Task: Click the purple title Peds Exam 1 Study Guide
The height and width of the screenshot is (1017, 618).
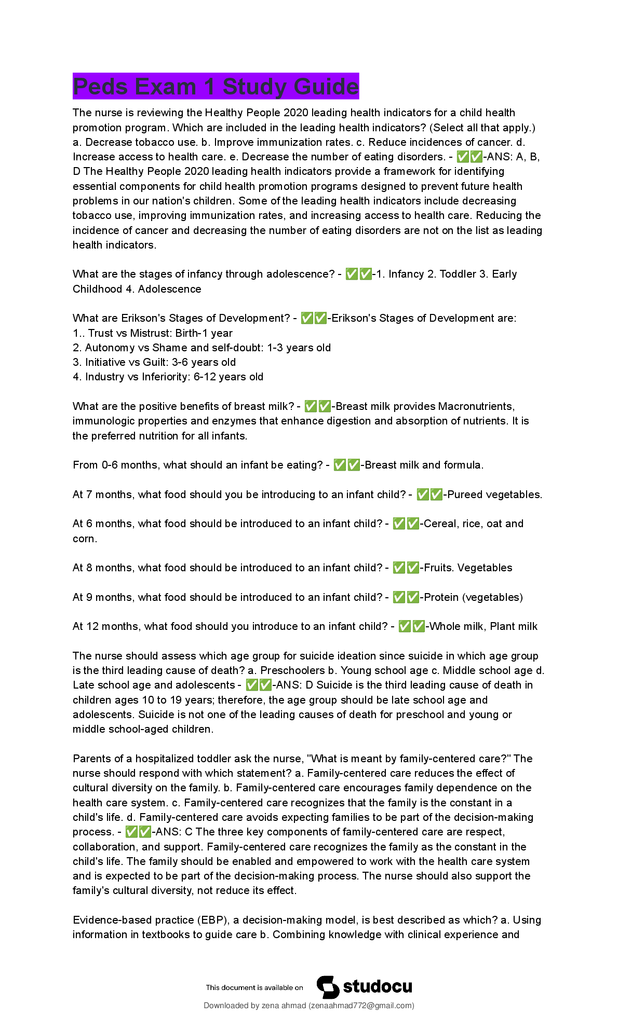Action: (216, 86)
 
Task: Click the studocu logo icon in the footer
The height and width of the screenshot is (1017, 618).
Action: (328, 986)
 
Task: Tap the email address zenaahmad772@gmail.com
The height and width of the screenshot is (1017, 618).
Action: (361, 1005)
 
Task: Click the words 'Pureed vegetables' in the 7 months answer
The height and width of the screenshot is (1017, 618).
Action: (494, 494)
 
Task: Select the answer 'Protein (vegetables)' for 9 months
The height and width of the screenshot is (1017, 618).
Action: (473, 597)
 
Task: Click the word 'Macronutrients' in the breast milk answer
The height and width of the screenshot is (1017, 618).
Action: (476, 406)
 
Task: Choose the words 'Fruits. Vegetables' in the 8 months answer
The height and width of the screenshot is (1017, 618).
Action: (468, 568)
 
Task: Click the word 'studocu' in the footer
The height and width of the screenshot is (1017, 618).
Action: (378, 986)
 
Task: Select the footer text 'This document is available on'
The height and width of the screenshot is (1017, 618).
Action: (254, 987)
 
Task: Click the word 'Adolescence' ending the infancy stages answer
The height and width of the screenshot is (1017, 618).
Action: (169, 289)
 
